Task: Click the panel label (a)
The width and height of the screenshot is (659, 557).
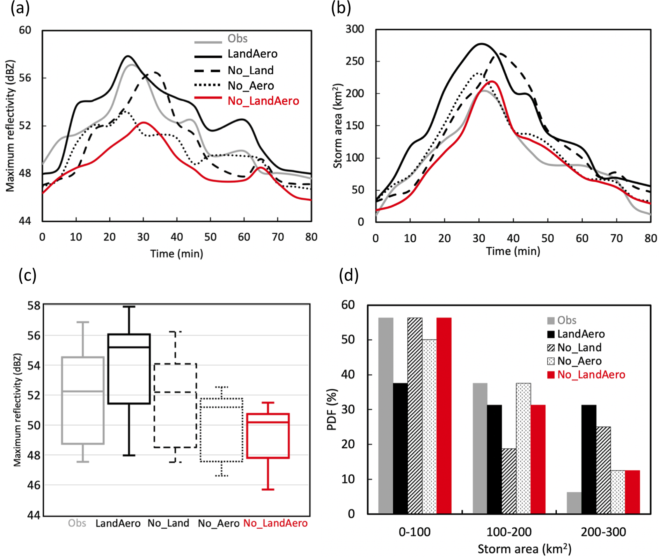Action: tap(20, 8)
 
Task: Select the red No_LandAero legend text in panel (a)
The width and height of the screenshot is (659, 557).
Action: tap(263, 101)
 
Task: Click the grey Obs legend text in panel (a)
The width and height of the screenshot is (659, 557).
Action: tap(238, 39)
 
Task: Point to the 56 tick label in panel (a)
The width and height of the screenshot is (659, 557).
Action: tap(25, 78)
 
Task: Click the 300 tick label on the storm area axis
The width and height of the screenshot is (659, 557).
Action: tap(355, 29)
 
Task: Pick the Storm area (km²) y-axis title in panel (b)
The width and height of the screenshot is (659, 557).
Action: tap(337, 126)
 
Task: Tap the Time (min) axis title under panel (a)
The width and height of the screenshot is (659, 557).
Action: tap(177, 254)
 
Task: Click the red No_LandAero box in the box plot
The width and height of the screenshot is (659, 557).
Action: tap(268, 436)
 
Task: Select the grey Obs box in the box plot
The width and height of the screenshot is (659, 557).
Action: tap(83, 400)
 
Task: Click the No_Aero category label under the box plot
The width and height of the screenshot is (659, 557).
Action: tap(218, 523)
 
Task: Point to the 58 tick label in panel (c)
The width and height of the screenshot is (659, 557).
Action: tap(34, 305)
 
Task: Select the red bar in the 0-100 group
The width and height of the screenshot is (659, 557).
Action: tap(444, 415)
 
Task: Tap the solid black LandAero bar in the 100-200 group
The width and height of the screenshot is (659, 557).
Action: tap(494, 459)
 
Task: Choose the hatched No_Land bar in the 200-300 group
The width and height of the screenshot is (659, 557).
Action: tap(603, 470)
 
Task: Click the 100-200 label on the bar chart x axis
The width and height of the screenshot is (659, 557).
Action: tap(509, 532)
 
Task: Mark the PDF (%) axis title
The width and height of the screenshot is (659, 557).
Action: tap(332, 409)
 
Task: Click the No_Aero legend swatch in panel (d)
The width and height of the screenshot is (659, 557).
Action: tap(551, 361)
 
